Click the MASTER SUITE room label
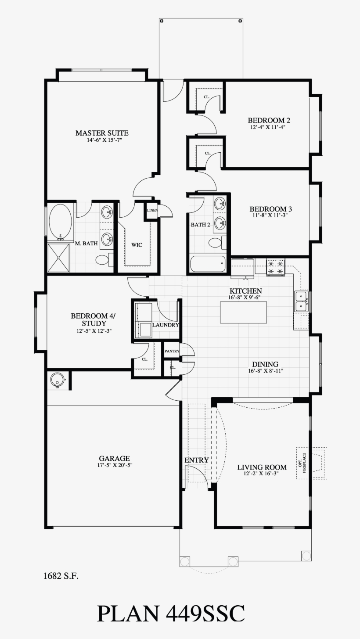point(102,133)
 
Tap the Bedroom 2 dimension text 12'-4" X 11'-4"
point(268,128)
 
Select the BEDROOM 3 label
point(271,209)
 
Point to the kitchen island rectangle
point(243,312)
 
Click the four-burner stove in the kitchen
point(276,267)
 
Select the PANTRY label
point(172,351)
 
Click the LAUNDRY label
point(166,325)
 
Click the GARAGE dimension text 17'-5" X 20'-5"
point(114,465)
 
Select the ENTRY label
point(197,460)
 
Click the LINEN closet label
point(152,210)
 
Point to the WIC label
point(137,245)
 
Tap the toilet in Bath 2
point(217,243)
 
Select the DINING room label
point(265,364)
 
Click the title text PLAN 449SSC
point(171,613)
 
